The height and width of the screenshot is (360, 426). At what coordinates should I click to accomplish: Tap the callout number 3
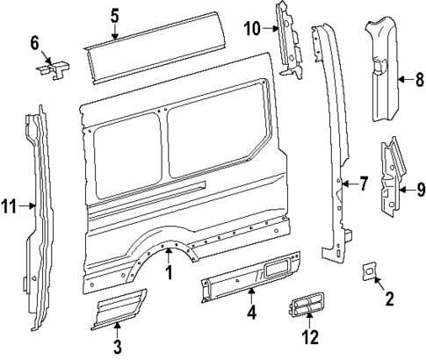coord(118,347)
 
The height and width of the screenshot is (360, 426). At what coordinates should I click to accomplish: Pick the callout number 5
coord(115,15)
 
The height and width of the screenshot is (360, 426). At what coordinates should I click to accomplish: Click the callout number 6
coord(35,41)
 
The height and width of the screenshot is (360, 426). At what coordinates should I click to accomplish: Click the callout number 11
coord(9,207)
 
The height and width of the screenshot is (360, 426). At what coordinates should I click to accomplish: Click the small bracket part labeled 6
coord(54,69)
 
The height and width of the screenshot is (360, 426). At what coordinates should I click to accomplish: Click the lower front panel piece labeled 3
coord(115,312)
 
